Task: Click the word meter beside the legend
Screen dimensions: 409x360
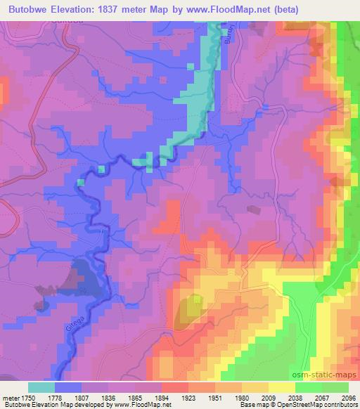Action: click(11, 397)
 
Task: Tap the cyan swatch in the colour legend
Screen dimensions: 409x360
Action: click(41, 387)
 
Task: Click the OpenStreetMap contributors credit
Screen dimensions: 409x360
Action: click(321, 405)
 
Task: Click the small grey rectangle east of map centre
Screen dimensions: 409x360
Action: click(252, 209)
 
